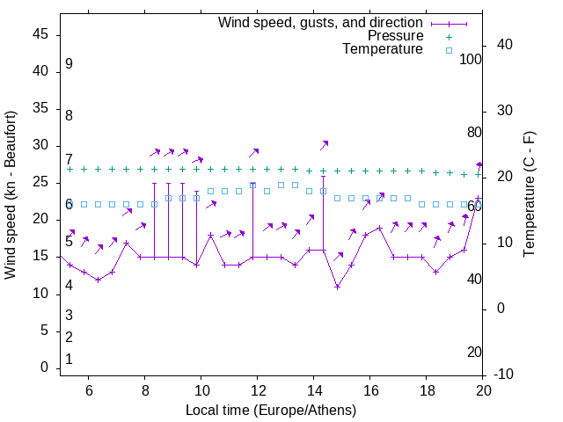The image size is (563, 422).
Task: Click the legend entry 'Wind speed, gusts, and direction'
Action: pyautogui.click(x=320, y=22)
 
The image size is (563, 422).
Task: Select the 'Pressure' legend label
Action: pyautogui.click(x=395, y=36)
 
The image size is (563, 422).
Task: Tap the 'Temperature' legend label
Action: pyautogui.click(x=383, y=49)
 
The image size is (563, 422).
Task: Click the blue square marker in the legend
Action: pyautogui.click(x=449, y=50)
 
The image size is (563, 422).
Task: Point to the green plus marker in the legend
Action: pyautogui.click(x=449, y=36)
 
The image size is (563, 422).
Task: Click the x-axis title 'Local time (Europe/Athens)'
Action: pyautogui.click(x=271, y=411)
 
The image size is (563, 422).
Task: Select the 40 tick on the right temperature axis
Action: pyautogui.click(x=505, y=45)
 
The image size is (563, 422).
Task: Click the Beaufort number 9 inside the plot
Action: pyautogui.click(x=69, y=64)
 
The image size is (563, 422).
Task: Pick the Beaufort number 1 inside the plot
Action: pyautogui.click(x=69, y=360)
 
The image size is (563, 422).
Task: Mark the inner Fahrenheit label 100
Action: pyautogui.click(x=472, y=59)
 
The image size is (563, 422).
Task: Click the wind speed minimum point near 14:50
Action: pyautogui.click(x=337, y=287)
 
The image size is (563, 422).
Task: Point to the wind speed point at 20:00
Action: pyautogui.click(x=479, y=199)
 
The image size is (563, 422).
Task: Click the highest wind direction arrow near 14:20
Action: pyautogui.click(x=324, y=144)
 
